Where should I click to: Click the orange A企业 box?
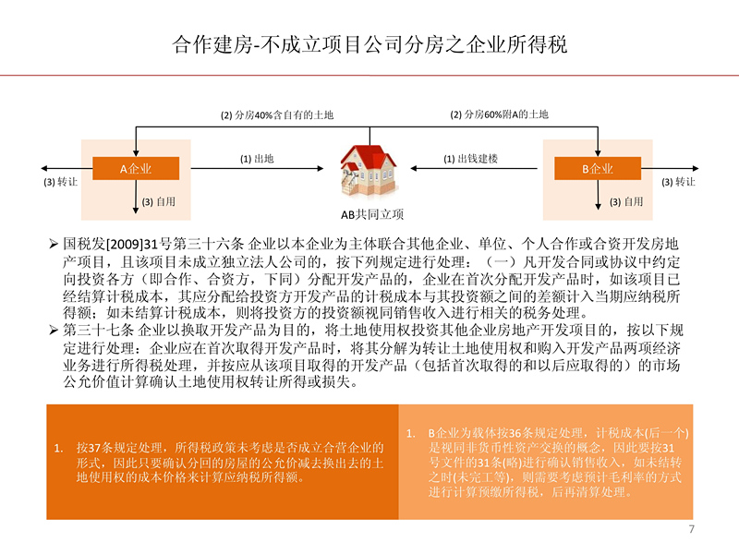click(136, 169)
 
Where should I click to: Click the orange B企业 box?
click(598, 169)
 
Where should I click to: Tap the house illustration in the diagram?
click(369, 171)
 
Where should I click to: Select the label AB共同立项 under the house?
click(372, 215)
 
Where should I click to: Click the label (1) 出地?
click(257, 159)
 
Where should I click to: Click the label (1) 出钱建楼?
click(470, 159)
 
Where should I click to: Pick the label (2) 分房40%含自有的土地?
click(277, 114)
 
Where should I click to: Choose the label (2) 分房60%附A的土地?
click(499, 114)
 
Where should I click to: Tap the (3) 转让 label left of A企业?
click(60, 182)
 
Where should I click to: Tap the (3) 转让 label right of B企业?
click(678, 182)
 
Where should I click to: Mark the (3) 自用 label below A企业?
click(159, 201)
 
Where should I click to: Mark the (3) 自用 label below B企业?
click(626, 201)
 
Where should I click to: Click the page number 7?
click(691, 529)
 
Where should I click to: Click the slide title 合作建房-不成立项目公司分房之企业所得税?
click(369, 44)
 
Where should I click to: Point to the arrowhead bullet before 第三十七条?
click(54, 331)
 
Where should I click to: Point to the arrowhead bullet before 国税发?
click(54, 244)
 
